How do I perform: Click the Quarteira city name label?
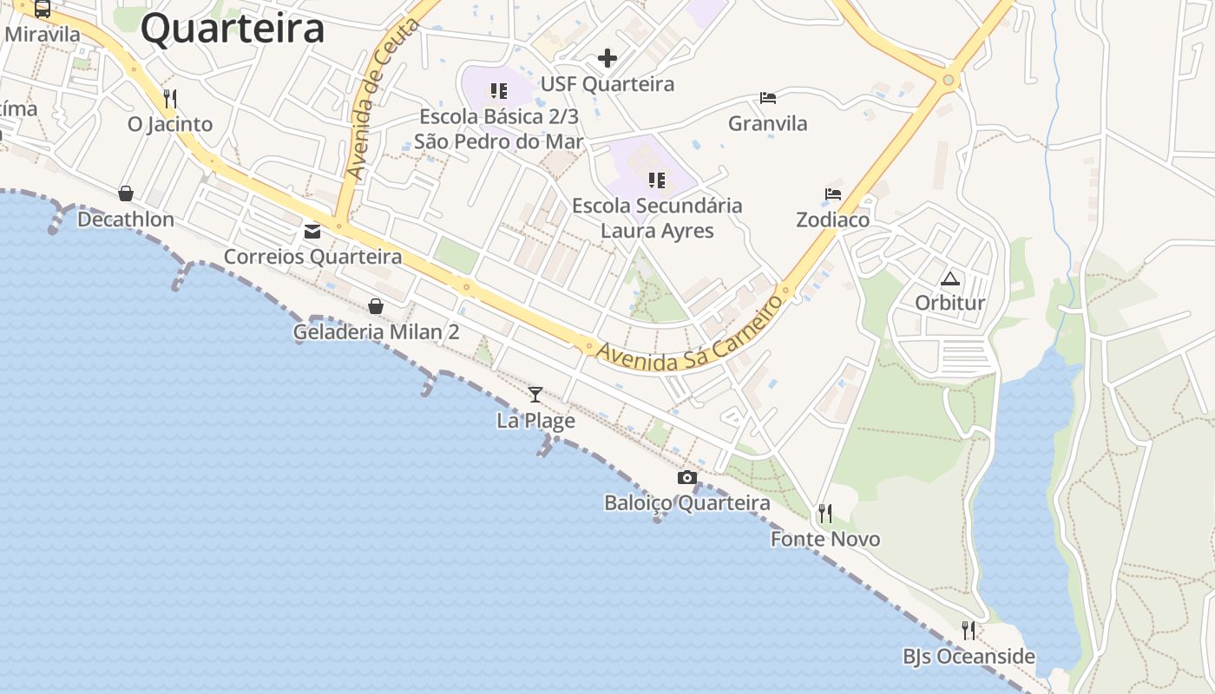[x=233, y=29]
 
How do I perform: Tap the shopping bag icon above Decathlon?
[x=126, y=193]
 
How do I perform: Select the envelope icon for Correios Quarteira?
[x=312, y=232]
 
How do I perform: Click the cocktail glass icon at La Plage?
[x=535, y=395]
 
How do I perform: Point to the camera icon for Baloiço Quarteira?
[x=686, y=477]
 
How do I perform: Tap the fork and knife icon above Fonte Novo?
[x=824, y=514]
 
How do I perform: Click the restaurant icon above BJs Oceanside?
[x=969, y=631]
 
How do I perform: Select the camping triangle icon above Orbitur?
[x=950, y=278]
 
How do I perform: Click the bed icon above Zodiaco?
[x=833, y=194]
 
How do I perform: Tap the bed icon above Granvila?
[x=767, y=97]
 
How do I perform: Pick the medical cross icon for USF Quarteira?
[x=607, y=58]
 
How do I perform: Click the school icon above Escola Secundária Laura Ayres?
[x=657, y=180]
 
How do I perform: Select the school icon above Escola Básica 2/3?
[x=498, y=90]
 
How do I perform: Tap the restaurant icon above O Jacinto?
[x=170, y=99]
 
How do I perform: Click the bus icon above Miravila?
[x=42, y=9]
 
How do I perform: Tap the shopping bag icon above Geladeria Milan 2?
[x=376, y=306]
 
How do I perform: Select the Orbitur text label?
[x=950, y=303]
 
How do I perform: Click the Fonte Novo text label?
[x=825, y=539]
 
